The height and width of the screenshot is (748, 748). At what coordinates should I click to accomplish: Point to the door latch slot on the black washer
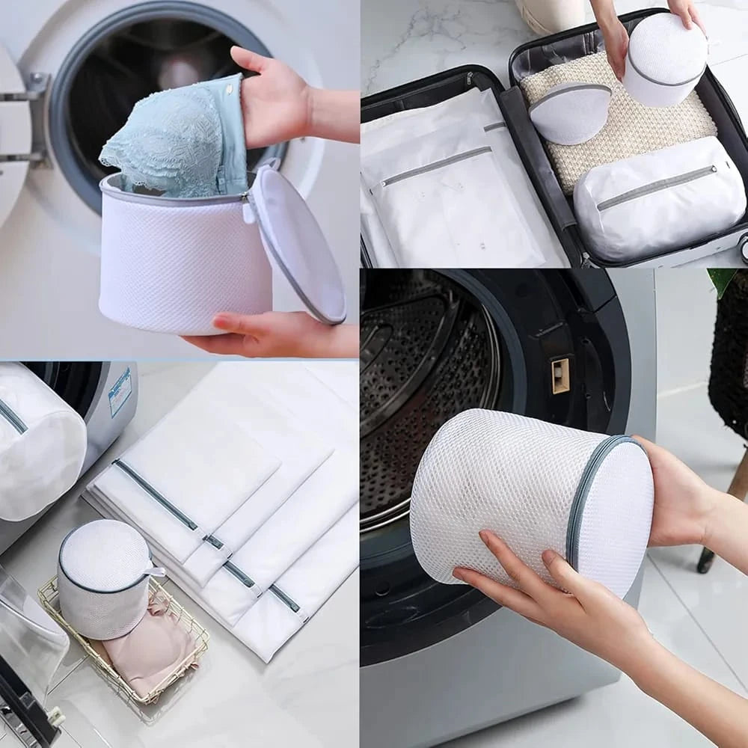coord(560,375)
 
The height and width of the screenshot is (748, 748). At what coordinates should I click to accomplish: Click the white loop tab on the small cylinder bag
coord(156,572)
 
